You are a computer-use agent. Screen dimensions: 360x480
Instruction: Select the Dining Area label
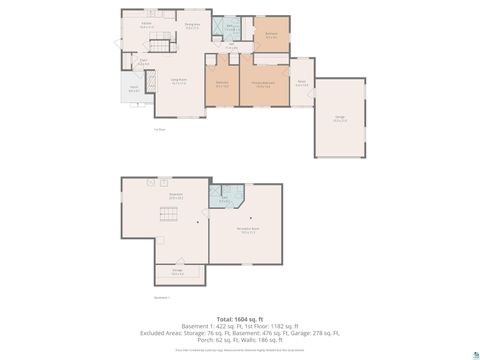pyautogui.click(x=193, y=25)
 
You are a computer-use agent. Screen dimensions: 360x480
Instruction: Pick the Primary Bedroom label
pyautogui.click(x=263, y=84)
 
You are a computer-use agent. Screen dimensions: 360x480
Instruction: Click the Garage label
pyautogui.click(x=340, y=118)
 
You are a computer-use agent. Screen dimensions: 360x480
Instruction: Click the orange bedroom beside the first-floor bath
pyautogui.click(x=271, y=33)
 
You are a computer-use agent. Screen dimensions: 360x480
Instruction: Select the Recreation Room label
pyautogui.click(x=247, y=229)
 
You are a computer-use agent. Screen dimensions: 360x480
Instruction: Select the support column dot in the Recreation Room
pyautogui.click(x=250, y=218)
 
